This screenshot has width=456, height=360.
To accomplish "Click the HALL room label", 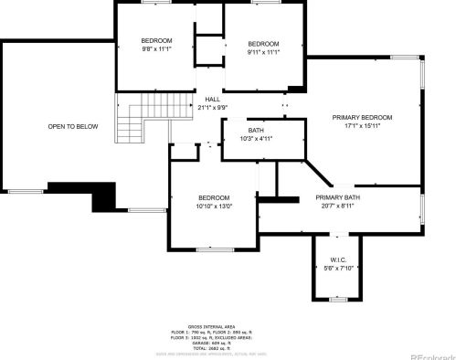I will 213,100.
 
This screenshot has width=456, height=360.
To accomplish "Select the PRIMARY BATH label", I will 338,198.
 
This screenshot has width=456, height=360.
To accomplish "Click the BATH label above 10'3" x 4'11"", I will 256,131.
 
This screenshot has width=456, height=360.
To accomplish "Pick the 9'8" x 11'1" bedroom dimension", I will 156,49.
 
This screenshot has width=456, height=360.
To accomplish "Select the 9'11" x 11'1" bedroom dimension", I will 264,53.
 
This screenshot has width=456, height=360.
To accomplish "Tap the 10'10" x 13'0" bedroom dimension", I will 214,206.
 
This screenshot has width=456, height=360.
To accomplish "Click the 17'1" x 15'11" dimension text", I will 362,126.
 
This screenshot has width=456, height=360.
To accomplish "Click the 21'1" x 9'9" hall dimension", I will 213,108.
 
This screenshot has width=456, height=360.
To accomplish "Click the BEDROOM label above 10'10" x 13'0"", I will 214,198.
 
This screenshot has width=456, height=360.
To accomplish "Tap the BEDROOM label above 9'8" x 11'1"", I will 156,41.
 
